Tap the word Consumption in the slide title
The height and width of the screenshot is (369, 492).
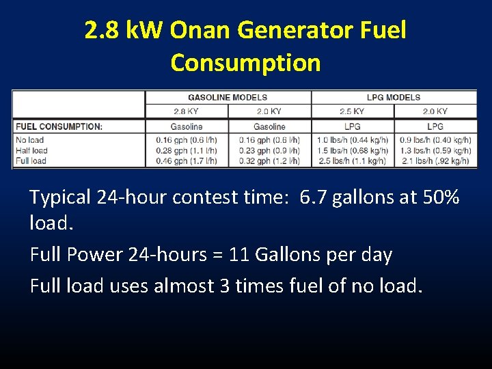pyautogui.click(x=245, y=63)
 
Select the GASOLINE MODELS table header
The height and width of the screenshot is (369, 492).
pyautogui.click(x=228, y=97)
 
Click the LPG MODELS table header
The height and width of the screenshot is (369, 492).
pyautogui.click(x=394, y=97)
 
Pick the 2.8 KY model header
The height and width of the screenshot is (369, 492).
pyautogui.click(x=187, y=111)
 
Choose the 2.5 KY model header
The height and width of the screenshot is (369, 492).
pyautogui.click(x=352, y=111)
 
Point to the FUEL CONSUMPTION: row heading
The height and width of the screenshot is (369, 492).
pyautogui.click(x=59, y=126)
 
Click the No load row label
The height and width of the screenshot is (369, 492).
pyautogui.click(x=30, y=140)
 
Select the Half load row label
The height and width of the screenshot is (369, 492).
pyautogui.click(x=32, y=150)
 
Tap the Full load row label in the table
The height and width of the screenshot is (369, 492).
pyautogui.click(x=31, y=161)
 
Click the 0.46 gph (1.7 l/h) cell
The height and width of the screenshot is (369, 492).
pyautogui.click(x=187, y=161)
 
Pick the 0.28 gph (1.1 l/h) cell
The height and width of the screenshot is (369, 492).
pyautogui.click(x=187, y=150)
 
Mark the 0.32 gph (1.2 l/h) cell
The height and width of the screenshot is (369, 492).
pyautogui.click(x=269, y=161)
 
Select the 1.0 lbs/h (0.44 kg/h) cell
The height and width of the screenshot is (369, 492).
pyautogui.click(x=353, y=140)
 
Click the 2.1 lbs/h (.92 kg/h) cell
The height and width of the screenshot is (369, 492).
pyautogui.click(x=435, y=161)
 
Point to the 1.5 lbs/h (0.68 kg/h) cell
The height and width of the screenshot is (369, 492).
pyautogui.click(x=353, y=150)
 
